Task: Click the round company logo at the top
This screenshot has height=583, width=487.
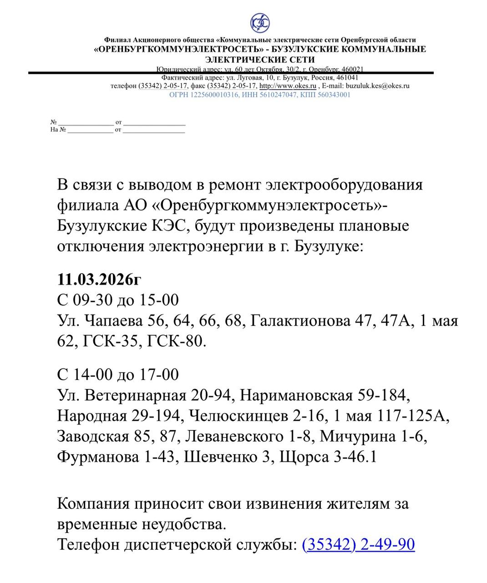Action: [x=260, y=23]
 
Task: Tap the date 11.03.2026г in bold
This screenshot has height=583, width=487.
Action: [x=100, y=279]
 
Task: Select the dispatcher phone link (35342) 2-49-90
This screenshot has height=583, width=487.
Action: [x=358, y=544]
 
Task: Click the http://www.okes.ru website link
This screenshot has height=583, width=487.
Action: [x=288, y=86]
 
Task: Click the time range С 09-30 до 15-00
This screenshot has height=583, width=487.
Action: [x=118, y=300]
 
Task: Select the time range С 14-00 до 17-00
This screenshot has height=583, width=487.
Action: [x=118, y=374]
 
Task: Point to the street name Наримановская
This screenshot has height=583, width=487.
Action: [x=296, y=395]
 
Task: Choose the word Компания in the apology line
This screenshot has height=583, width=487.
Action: [x=92, y=504]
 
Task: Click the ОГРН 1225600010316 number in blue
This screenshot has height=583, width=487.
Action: [x=203, y=95]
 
